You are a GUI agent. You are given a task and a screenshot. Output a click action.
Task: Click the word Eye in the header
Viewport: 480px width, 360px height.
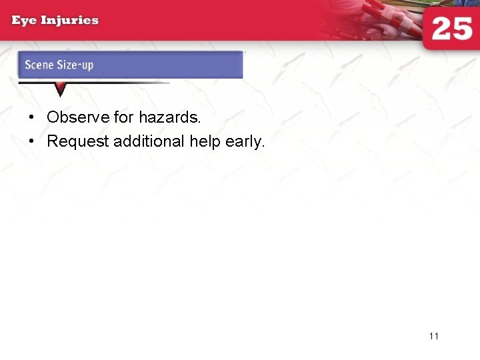click(25, 20)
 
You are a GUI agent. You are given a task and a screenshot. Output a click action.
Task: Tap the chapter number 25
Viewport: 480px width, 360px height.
click(451, 30)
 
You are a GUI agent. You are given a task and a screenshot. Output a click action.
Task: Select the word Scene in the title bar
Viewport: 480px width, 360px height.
click(39, 65)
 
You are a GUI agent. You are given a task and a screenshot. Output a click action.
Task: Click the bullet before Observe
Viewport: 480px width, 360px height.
click(31, 117)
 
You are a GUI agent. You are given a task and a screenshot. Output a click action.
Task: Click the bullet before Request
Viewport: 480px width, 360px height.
click(31, 141)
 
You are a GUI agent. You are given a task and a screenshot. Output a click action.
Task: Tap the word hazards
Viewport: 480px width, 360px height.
click(169, 117)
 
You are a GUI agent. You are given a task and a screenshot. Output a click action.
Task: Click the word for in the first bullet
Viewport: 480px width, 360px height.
click(124, 117)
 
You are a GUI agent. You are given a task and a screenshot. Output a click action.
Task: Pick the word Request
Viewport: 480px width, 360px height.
click(77, 141)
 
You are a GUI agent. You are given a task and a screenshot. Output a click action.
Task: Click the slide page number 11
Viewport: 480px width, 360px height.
click(434, 336)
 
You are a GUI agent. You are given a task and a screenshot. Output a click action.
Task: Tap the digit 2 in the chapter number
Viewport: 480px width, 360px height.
click(440, 30)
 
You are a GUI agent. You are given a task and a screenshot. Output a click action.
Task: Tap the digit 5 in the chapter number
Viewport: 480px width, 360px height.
click(463, 30)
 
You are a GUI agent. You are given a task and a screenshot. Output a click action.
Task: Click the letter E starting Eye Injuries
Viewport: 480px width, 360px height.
click(17, 20)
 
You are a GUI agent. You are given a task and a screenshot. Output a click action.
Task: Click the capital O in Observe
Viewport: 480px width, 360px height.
click(53, 117)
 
